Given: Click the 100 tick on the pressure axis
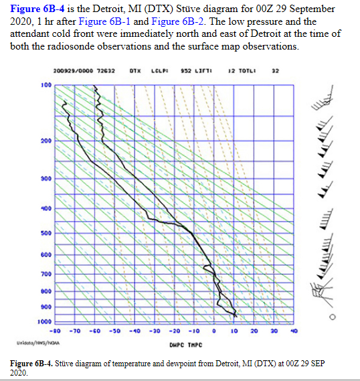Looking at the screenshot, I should (46, 85).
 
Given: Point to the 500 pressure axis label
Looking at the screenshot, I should (46, 233).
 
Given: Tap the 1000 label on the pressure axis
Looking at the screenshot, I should (45, 322).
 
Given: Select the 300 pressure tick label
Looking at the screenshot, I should (46, 179).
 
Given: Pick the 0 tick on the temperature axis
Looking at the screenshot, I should (214, 330).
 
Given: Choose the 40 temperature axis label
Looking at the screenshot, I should (294, 330).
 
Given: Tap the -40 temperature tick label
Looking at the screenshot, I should (135, 330).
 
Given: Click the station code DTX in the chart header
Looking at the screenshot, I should (134, 70).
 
